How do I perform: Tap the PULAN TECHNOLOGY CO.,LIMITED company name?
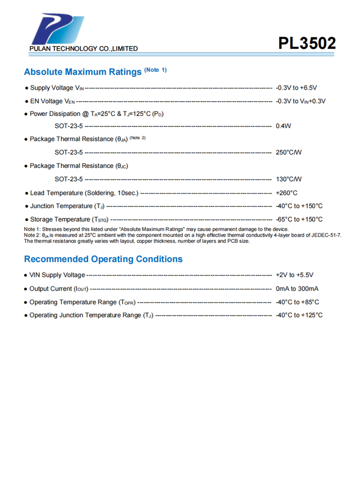pos(84,48)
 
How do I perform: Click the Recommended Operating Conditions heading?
pos(103,259)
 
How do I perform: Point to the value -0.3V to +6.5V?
pos(297,88)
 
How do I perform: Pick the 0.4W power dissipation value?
pos(284,126)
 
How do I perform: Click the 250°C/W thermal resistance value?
pos(288,152)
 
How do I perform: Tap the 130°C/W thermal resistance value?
pos(288,179)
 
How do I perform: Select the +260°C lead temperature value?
pos(287,193)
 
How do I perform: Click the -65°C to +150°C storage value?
pos(299,219)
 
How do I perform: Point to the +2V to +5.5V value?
pos(294,275)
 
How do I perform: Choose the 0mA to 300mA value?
pos(297,288)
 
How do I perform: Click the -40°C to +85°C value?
pos(297,302)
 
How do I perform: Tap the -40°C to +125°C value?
pos(299,315)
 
